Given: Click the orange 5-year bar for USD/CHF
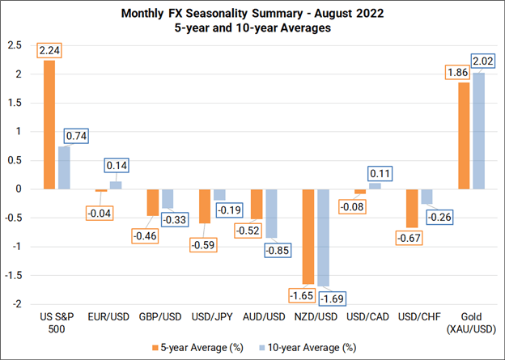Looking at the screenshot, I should pos(412,209).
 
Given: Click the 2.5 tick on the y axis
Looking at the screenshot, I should pos(17,44).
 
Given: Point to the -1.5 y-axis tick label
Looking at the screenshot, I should pos(15,276).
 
